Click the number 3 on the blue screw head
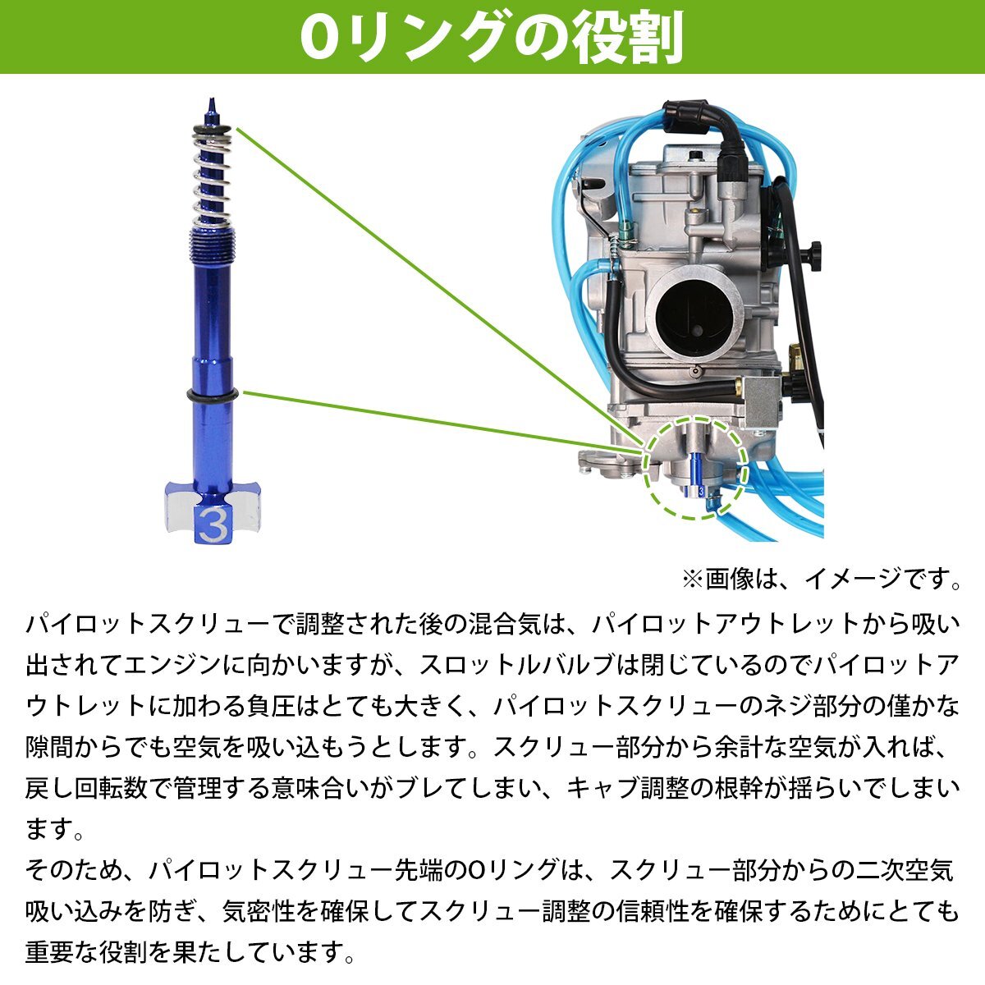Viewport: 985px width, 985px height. coord(211,523)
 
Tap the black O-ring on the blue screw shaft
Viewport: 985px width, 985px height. coord(213,396)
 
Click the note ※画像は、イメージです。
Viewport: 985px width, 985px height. coord(821,579)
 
